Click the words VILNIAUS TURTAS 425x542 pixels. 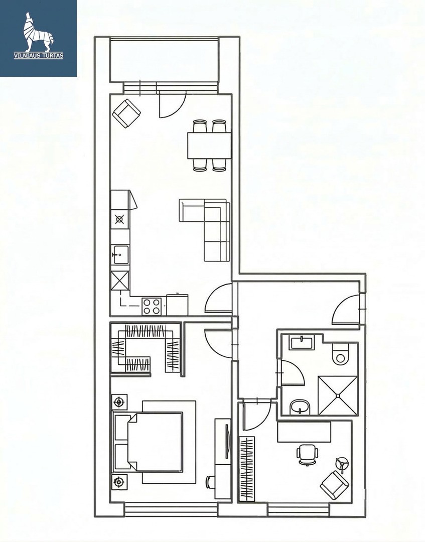click(x=38, y=55)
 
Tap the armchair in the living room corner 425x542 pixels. click(x=126, y=113)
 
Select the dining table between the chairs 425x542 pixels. click(x=209, y=145)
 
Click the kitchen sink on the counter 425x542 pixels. click(x=120, y=255)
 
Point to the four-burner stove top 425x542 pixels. click(x=152, y=306)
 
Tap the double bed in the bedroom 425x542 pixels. click(x=148, y=442)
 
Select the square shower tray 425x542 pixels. click(x=337, y=395)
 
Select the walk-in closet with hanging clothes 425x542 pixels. click(x=146, y=348)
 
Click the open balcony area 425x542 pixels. click(x=164, y=60)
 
